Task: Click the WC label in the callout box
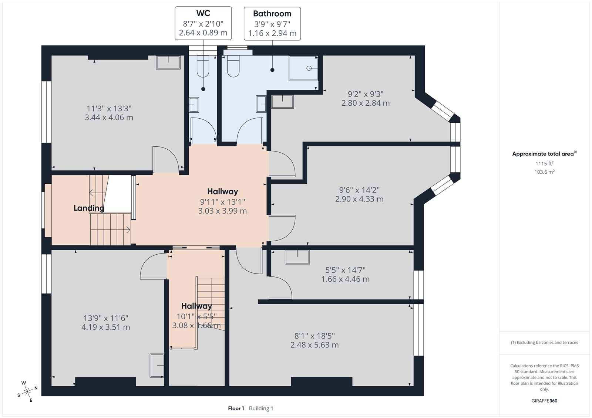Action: (203, 13)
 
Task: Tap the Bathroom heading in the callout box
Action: (272, 13)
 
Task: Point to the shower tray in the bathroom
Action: (304, 68)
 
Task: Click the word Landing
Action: (89, 208)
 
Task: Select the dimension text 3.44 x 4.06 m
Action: (109, 118)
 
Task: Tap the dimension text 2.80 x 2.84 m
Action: (366, 103)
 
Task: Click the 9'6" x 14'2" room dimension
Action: (359, 190)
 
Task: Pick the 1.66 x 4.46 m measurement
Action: (346, 279)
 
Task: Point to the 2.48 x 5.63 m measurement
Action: (314, 345)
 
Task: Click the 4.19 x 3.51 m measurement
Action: (106, 327)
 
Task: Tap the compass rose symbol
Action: (27, 392)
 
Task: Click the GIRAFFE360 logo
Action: (544, 401)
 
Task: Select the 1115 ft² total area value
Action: (544, 163)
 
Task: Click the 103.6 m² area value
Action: (544, 172)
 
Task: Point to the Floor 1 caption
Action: (236, 408)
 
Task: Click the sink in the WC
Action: (194, 105)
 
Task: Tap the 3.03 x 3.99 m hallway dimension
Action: (222, 211)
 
